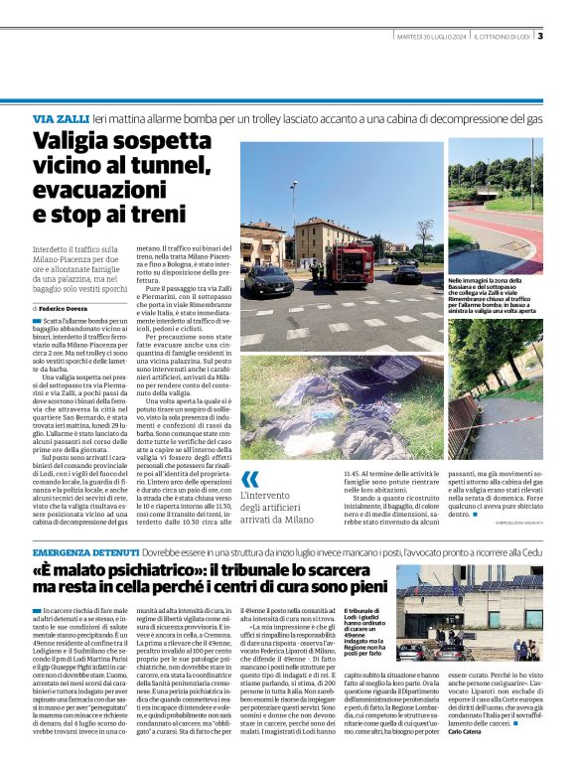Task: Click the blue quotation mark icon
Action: click(x=249, y=480)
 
